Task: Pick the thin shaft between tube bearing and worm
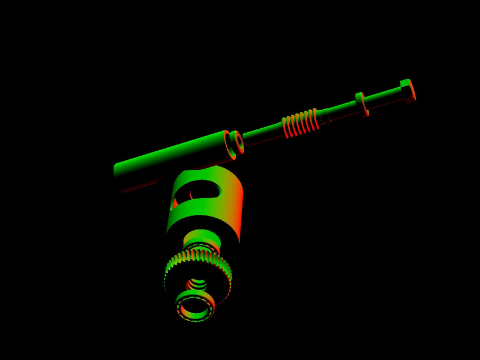pos(262,134)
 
